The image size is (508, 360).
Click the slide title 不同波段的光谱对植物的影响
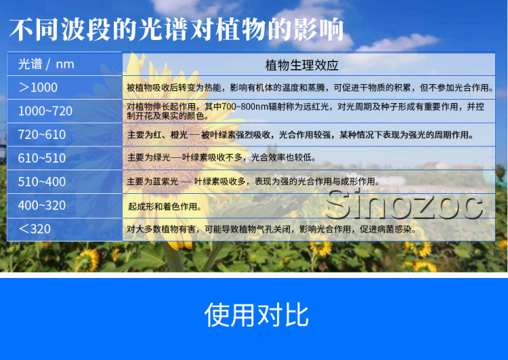click(x=177, y=30)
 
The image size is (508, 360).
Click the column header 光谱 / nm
click(x=46, y=64)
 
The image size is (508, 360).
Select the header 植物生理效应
click(x=301, y=65)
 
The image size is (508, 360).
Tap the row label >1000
click(x=38, y=87)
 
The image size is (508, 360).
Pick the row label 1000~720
click(x=45, y=111)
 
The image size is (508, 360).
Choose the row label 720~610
click(x=42, y=135)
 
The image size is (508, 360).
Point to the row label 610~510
click(x=42, y=158)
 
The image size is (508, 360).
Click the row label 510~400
click(x=42, y=182)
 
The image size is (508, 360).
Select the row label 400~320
click(x=42, y=205)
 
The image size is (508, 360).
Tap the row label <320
click(x=35, y=229)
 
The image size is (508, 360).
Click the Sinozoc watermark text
click(x=404, y=205)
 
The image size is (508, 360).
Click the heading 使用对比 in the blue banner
click(x=256, y=315)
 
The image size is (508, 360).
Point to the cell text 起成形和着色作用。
click(x=165, y=207)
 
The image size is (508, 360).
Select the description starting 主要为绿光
click(x=221, y=157)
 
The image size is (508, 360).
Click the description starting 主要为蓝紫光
click(x=253, y=181)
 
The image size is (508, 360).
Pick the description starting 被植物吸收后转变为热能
click(x=310, y=87)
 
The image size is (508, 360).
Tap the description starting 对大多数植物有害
click(x=271, y=229)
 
